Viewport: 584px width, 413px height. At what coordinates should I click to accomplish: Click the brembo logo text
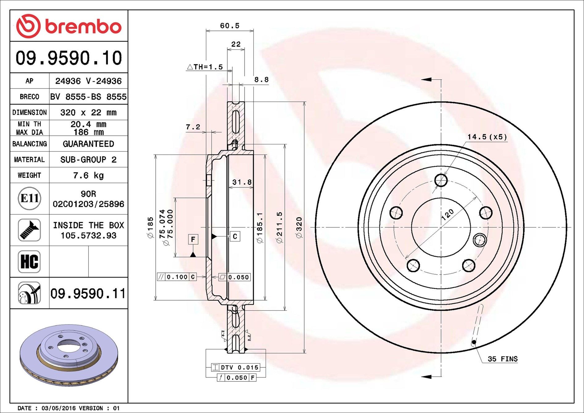[x=83, y=27]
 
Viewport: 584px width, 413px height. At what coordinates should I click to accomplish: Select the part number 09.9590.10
[x=69, y=58]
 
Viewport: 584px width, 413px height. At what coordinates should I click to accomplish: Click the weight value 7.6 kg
[x=88, y=176]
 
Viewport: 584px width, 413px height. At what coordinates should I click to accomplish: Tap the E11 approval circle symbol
[x=29, y=198]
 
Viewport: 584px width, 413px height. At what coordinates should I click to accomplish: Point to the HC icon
[x=29, y=262]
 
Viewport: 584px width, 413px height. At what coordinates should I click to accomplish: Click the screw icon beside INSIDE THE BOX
[x=29, y=230]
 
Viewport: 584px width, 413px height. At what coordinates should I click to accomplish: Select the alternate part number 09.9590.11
[x=88, y=294]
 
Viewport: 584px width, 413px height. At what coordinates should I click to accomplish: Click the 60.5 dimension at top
[x=230, y=26]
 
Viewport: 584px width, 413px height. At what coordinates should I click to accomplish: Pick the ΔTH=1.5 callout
[x=205, y=67]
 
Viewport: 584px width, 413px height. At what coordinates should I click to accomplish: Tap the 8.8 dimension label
[x=261, y=80]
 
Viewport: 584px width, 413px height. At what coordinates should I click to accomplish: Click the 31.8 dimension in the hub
[x=242, y=182]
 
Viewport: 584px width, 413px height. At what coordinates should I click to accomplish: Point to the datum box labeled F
[x=193, y=239]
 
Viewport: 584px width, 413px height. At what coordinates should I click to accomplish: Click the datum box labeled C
[x=235, y=237]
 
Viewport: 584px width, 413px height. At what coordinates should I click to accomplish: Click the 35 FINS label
[x=502, y=359]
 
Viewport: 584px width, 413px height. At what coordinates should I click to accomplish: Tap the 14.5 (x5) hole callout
[x=487, y=137]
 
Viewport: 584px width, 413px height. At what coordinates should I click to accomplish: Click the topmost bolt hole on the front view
[x=441, y=180]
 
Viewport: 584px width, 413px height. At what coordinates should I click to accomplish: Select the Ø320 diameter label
[x=299, y=228]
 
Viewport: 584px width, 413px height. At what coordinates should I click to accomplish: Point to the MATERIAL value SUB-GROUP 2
[x=88, y=160]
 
